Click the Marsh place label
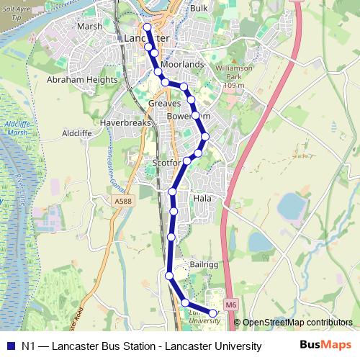click(89, 27)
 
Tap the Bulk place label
click(199, 8)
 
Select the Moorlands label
click(183, 64)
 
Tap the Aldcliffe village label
click(78, 133)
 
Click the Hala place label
click(201, 197)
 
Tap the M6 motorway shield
click(230, 305)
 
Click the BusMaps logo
click(325, 345)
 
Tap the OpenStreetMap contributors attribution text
click(297, 323)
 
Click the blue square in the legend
click(9, 346)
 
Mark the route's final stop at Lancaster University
click(213, 312)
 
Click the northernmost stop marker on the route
click(147, 27)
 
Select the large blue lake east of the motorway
click(292, 205)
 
